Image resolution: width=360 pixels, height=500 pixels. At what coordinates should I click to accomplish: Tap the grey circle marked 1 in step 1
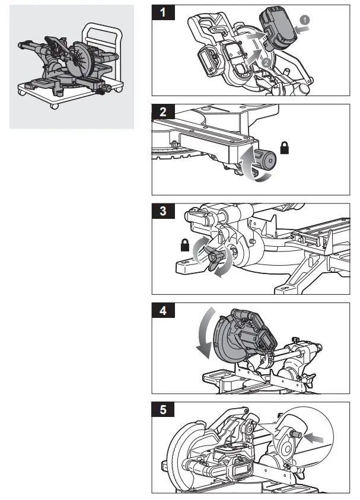[x=304, y=20]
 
